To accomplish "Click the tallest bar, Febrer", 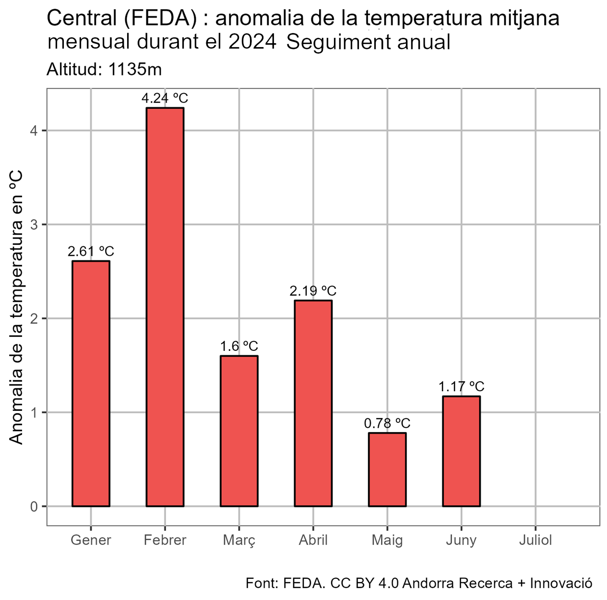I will [x=165, y=307].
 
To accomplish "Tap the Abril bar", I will [x=313, y=403].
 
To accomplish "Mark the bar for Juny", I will [x=461, y=451].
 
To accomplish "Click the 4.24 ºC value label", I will [x=165, y=98].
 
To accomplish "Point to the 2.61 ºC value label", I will [x=91, y=252].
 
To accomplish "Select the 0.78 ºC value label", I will [x=387, y=423].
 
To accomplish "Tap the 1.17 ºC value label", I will [x=461, y=386].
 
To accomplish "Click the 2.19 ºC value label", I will [x=313, y=291].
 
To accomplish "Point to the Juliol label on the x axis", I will [x=536, y=540].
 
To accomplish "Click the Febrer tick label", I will [x=165, y=540].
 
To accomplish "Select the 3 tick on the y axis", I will [x=34, y=224].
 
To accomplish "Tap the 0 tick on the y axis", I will [x=34, y=506].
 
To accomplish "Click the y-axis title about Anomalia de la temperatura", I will [x=17, y=307].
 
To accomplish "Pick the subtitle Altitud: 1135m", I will [x=104, y=70].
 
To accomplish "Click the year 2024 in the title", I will [x=252, y=42].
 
